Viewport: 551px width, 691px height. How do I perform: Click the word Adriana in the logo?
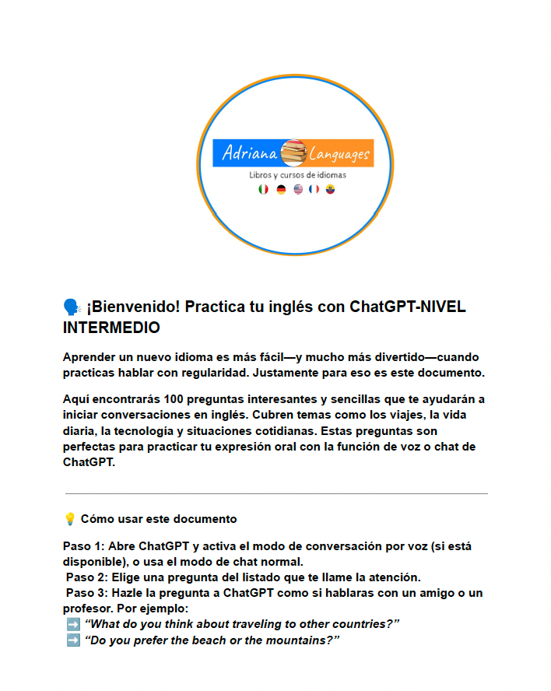[248, 153]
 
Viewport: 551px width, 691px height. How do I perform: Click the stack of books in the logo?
[293, 153]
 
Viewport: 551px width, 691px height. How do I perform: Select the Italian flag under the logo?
[263, 189]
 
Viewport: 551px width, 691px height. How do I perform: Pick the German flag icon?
[281, 189]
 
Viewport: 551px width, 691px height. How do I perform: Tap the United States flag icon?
[298, 189]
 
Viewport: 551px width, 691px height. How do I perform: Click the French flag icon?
[314, 189]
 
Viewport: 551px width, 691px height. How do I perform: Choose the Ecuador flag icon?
[331, 189]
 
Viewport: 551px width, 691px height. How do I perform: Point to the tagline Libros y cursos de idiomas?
[297, 175]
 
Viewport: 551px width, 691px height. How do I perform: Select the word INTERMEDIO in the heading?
[111, 328]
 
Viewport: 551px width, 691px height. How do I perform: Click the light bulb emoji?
[70, 518]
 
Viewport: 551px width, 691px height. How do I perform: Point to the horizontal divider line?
[276, 493]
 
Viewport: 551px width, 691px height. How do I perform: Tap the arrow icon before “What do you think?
[72, 624]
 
